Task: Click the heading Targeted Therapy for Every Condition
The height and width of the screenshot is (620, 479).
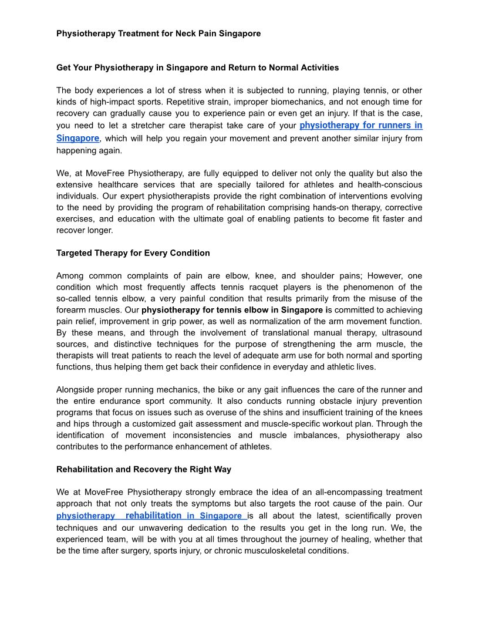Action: [133, 253]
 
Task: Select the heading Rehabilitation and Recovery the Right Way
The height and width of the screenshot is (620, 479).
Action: [144, 469]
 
